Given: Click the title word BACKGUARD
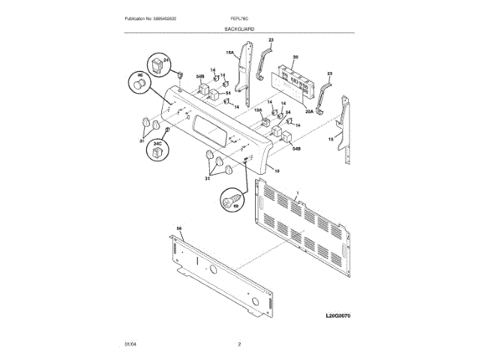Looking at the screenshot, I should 238,28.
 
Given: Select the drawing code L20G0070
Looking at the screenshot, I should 339,316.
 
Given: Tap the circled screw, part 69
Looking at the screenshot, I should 231,201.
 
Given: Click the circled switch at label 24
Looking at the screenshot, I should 157,66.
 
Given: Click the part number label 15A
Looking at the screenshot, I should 230,52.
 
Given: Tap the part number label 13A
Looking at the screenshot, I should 256,111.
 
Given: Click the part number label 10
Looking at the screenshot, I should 276,171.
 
